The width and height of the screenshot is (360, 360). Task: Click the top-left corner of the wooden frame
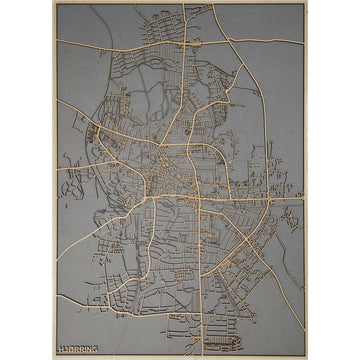pos(54,2)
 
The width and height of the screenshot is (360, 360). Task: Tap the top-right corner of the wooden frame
pos(307,2)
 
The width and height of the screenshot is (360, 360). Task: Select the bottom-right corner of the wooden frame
pos(307,358)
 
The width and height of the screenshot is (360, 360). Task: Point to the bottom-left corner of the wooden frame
pos(54,358)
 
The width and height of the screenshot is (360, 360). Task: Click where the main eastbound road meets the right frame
pos(304,199)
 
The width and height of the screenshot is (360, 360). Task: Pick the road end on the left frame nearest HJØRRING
pos(58,296)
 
